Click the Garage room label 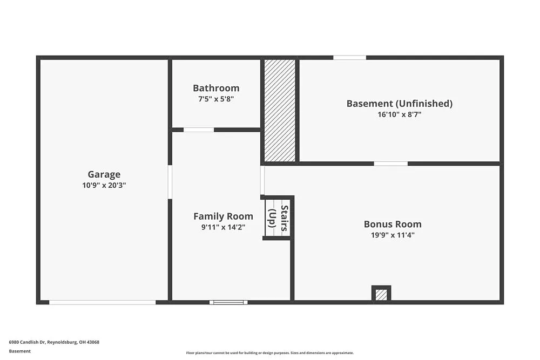point(104,174)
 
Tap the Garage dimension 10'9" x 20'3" point(104,185)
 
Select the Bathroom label point(216,88)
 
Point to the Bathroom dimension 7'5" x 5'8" point(216,99)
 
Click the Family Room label point(223,216)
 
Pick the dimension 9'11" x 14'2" point(223,227)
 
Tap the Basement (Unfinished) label point(399,103)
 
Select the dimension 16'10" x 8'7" point(399,114)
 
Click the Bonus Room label point(393,224)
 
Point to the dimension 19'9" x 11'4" point(393,235)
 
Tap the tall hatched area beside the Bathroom point(280,110)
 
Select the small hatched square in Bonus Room point(381,295)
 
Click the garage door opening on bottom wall point(103,302)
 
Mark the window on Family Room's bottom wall point(228,302)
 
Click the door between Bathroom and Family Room point(199,130)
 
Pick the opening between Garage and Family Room point(170,182)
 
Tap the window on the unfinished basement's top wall point(349,57)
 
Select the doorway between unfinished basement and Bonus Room point(390,164)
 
